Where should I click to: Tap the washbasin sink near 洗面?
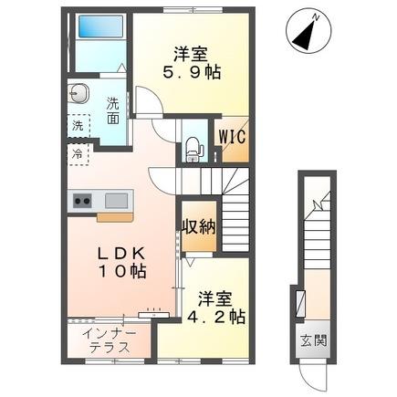(78, 92)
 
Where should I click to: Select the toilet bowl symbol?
(193, 146)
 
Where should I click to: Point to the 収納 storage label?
(197, 227)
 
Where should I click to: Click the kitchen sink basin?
(117, 200)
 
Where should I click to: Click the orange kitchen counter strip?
(116, 217)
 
